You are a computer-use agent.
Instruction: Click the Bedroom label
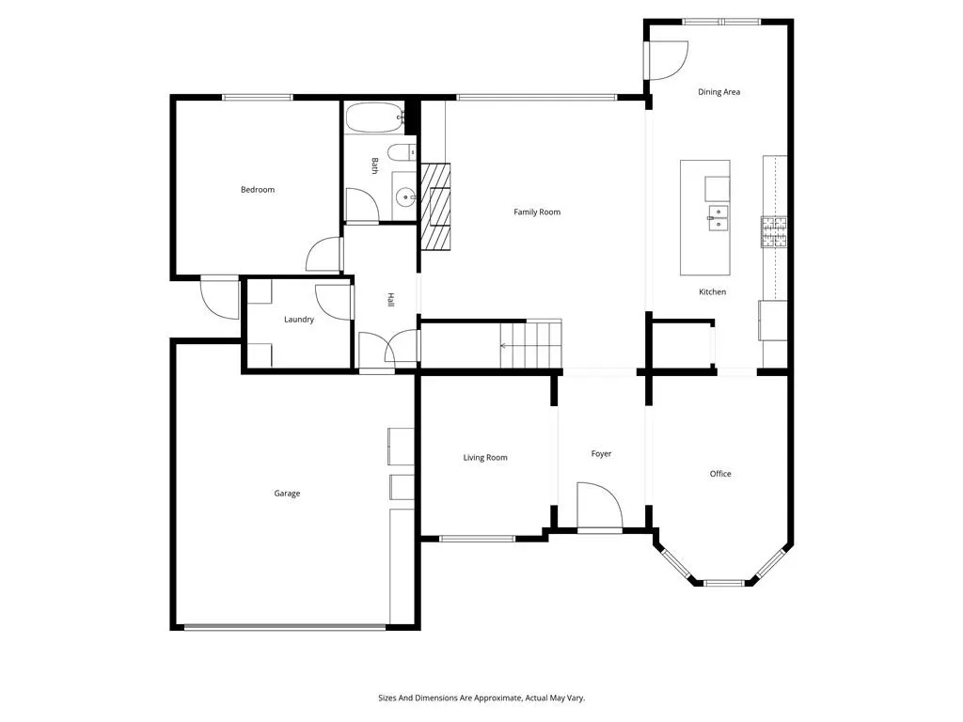click(x=258, y=190)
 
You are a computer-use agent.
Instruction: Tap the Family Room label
click(x=537, y=212)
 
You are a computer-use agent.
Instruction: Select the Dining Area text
click(x=718, y=92)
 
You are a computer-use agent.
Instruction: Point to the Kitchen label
click(x=713, y=291)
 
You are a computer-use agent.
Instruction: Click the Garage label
click(x=287, y=493)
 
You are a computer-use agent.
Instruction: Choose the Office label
click(x=720, y=474)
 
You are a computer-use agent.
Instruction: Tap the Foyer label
click(x=601, y=454)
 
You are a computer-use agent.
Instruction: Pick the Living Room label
click(x=485, y=458)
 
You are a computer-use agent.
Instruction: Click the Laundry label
click(x=299, y=320)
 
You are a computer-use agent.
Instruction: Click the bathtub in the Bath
click(x=374, y=118)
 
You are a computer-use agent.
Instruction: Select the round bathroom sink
click(x=406, y=197)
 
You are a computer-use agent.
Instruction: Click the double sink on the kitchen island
click(x=718, y=218)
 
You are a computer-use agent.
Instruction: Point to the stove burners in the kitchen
click(x=774, y=231)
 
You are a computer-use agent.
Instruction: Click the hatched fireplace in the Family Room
click(x=435, y=206)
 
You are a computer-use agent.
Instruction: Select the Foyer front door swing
click(x=600, y=506)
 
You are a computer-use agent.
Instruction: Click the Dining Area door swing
click(x=668, y=60)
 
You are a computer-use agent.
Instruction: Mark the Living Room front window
click(x=477, y=539)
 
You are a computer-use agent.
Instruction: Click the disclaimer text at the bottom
click(x=481, y=698)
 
